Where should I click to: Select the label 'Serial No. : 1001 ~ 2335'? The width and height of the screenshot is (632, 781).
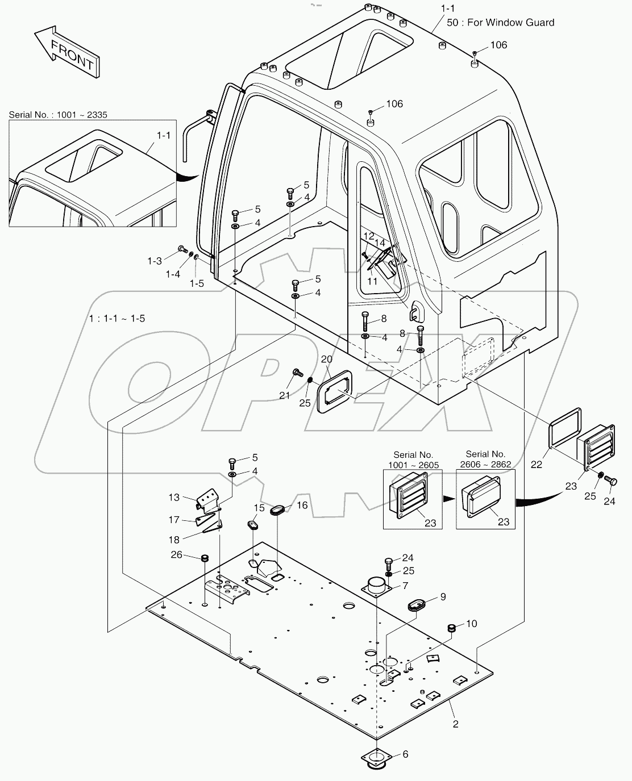58,115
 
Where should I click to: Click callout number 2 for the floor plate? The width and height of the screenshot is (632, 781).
455,724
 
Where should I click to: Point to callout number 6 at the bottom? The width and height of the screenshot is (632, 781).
405,754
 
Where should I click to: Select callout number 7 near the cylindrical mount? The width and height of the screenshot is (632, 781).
405,585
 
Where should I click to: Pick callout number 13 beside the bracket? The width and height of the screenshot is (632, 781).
173,498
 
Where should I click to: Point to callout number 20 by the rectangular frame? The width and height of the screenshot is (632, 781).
326,359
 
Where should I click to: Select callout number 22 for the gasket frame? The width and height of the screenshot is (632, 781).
536,464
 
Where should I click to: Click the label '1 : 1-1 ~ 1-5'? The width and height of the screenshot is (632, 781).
117,319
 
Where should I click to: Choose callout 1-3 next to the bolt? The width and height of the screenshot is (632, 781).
155,261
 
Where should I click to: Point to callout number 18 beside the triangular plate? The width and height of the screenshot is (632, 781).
173,540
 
